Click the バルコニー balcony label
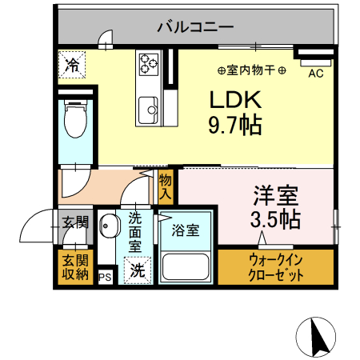tap(195, 27)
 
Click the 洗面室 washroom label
tap(135, 231)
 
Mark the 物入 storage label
tap(166, 187)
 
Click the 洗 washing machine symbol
tap(138, 270)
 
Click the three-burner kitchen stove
tap(149, 62)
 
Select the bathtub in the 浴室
tap(186, 263)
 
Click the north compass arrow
tap(318, 335)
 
